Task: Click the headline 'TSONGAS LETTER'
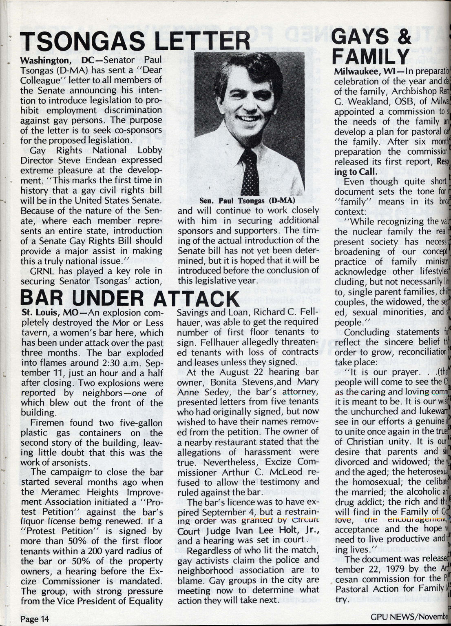135,42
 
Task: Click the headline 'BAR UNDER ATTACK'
129,299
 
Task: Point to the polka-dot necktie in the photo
250,171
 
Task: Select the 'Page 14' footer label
35,618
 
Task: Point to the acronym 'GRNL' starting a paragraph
43,271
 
